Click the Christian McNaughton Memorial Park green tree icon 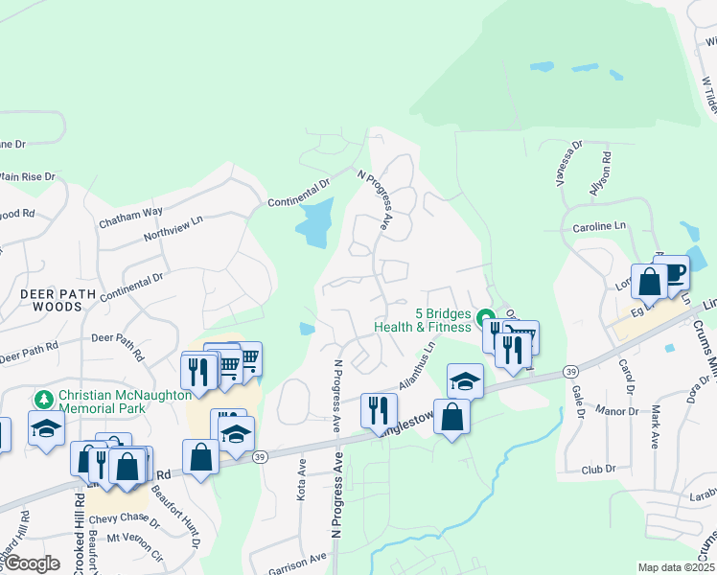click(x=43, y=398)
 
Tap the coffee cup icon click(x=673, y=271)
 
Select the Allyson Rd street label click(x=599, y=173)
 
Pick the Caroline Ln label click(x=599, y=226)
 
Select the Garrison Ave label click(x=296, y=563)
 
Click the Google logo click(x=32, y=563)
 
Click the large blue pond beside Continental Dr click(x=313, y=223)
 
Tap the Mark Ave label click(x=656, y=426)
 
